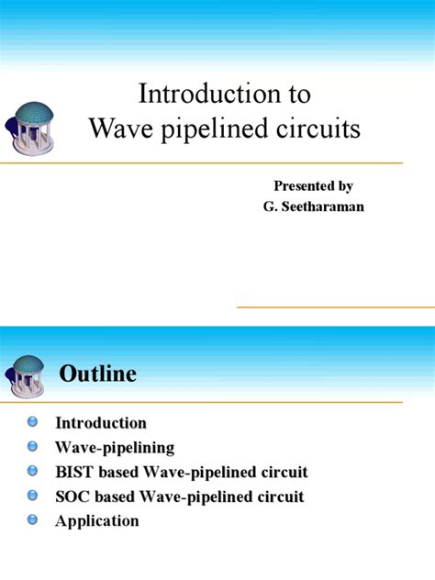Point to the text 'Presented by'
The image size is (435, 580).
[x=313, y=186]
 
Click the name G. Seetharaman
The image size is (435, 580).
[x=313, y=206]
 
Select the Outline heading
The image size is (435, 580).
[x=97, y=374]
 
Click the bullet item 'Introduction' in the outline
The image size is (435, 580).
[x=101, y=423]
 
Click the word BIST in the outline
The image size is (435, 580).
[x=74, y=473]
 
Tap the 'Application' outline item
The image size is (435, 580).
[x=97, y=521]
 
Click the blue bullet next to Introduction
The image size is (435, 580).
[x=33, y=421]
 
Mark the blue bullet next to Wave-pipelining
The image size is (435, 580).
[x=33, y=446]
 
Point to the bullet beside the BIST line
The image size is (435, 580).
[x=33, y=471]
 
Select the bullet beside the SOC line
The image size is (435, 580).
[x=33, y=496]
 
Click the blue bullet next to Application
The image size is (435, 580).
[x=33, y=519]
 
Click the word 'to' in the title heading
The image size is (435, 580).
[x=297, y=94]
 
